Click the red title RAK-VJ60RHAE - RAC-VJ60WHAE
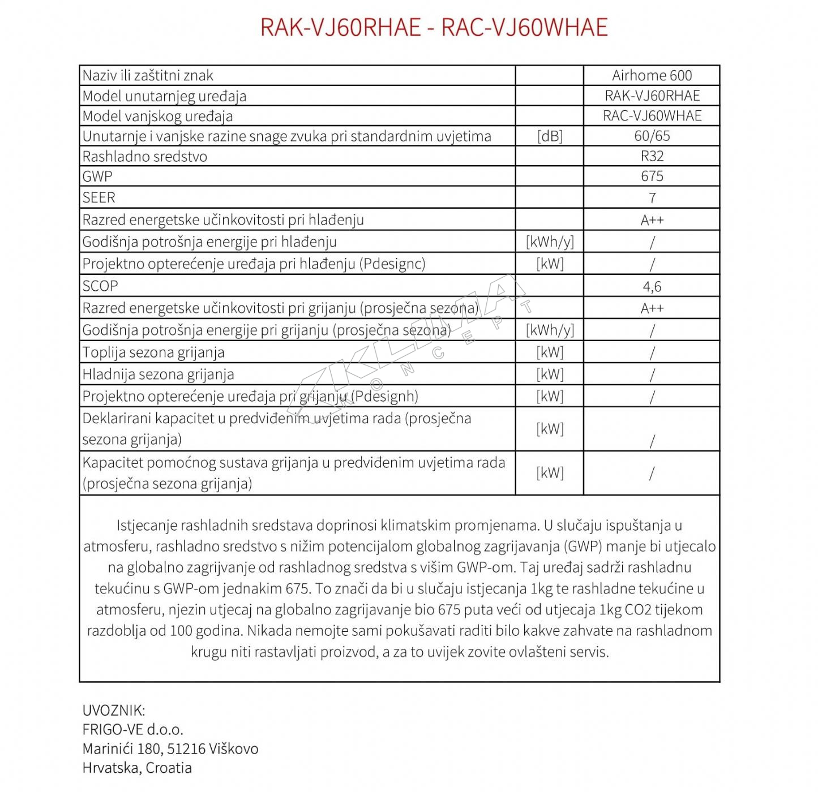pos(434,27)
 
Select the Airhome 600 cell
pos(652,75)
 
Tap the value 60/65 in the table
pos(652,136)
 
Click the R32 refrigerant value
pos(652,156)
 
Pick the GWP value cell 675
pos(652,176)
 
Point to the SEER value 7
pos(652,197)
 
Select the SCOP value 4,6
pos(652,286)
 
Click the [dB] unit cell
pos(550,136)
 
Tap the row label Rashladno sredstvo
pos(145,156)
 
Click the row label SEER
pos(98,197)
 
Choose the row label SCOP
pos(100,286)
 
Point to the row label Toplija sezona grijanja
pos(153,352)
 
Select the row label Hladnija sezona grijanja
pos(158,375)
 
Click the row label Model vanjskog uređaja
pos(157,116)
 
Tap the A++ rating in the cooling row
pos(652,219)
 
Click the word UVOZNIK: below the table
pos(114,711)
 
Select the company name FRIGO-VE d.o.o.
pos(132,730)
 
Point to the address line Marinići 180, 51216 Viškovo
pos(170,749)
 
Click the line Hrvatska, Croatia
pos(137,768)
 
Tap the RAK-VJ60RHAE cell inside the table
pos(652,96)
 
